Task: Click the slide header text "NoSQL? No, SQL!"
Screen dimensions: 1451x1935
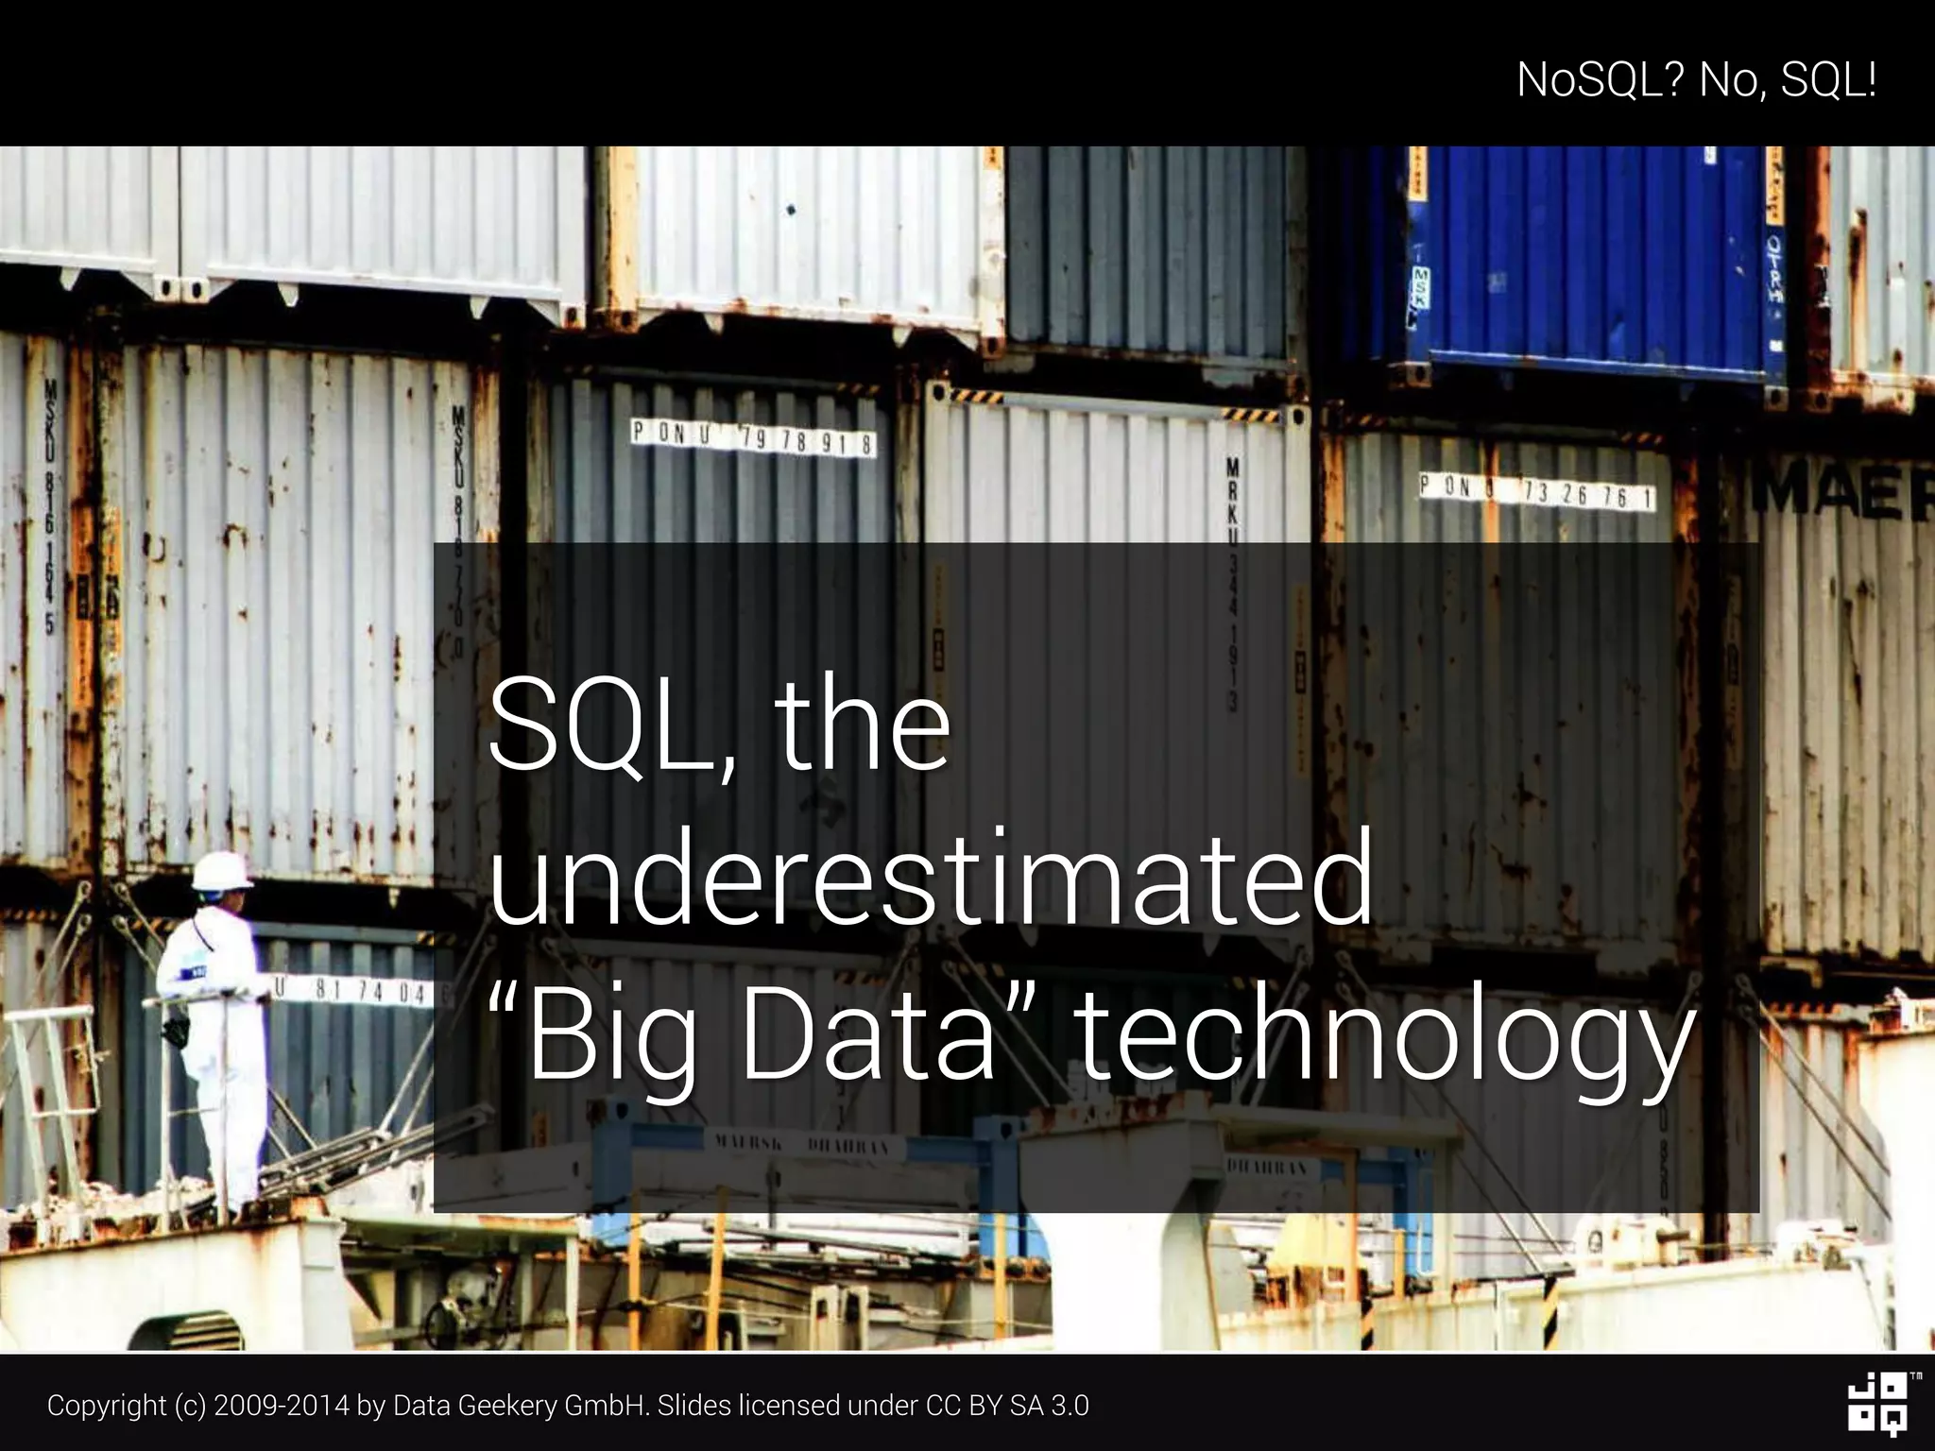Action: tap(1696, 79)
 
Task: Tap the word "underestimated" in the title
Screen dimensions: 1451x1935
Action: tap(931, 878)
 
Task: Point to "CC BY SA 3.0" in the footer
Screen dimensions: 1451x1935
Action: tap(1007, 1406)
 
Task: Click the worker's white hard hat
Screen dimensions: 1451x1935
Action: tap(221, 870)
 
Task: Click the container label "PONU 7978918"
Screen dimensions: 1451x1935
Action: tap(753, 438)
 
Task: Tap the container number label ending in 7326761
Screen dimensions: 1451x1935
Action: tap(1536, 491)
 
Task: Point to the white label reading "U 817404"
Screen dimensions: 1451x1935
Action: tap(354, 991)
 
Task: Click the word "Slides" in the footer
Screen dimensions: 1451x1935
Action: tap(694, 1406)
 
